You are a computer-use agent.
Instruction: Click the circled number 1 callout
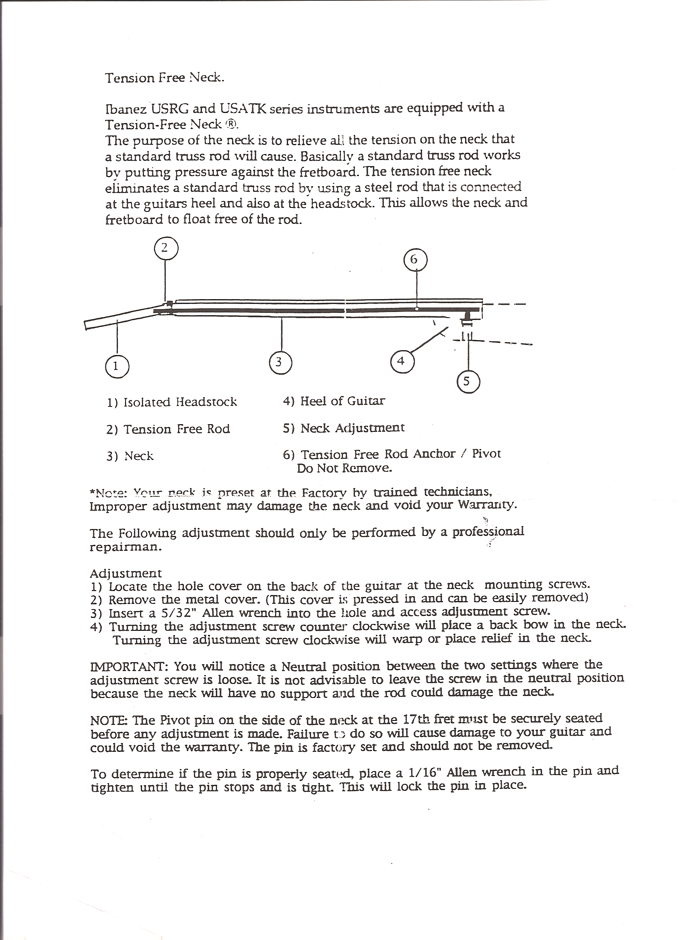(x=117, y=366)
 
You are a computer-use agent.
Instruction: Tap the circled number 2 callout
(x=165, y=248)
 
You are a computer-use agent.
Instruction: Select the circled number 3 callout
(x=281, y=362)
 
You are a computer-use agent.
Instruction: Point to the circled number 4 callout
(x=402, y=361)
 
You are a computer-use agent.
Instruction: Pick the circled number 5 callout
(x=468, y=381)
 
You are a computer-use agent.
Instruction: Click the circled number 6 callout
(x=415, y=260)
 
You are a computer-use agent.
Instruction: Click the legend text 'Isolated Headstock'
(x=180, y=402)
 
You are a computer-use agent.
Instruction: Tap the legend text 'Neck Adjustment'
(x=352, y=428)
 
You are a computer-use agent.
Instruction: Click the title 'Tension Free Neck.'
(x=164, y=78)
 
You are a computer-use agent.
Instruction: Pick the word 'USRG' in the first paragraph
(x=170, y=109)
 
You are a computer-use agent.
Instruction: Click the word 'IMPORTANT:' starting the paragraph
(x=129, y=667)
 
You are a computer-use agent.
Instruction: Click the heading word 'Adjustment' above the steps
(x=126, y=573)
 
